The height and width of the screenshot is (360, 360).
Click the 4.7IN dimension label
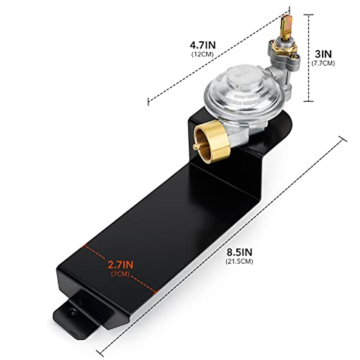pyautogui.click(x=203, y=46)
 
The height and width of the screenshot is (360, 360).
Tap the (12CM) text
pyautogui.click(x=202, y=55)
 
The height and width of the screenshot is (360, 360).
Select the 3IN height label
pyautogui.click(x=323, y=54)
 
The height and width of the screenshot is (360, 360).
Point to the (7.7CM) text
pyautogui.click(x=323, y=63)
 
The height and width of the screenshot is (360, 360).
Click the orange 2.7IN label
pyautogui.click(x=120, y=265)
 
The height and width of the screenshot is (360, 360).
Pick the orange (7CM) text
pyautogui.click(x=120, y=274)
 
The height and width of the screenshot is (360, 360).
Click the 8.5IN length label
pyautogui.click(x=239, y=252)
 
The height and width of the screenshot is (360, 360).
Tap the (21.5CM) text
pyautogui.click(x=239, y=261)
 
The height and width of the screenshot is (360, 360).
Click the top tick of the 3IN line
pyautogui.click(x=309, y=14)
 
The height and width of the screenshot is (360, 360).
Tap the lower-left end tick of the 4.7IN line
pyautogui.click(x=148, y=102)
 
